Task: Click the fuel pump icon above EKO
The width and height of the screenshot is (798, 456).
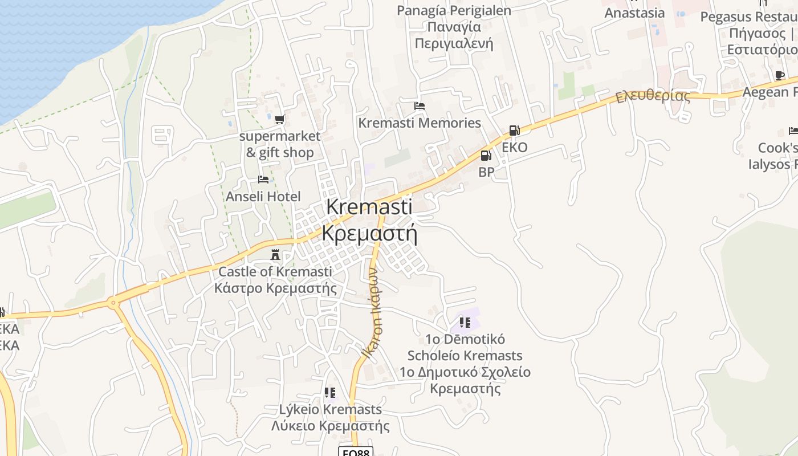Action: click(514, 131)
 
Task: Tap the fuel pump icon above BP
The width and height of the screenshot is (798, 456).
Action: click(486, 155)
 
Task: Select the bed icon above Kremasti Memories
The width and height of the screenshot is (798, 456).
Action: click(420, 106)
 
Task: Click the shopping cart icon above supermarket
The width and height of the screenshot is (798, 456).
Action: click(279, 119)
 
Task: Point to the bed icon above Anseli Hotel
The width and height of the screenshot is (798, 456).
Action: click(263, 179)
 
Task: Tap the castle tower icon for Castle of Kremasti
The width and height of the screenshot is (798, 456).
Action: click(275, 254)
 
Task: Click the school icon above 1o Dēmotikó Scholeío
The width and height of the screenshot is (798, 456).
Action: click(465, 323)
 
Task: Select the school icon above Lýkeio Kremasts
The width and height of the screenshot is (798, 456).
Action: click(330, 392)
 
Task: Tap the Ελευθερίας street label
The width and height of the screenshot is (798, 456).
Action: click(653, 96)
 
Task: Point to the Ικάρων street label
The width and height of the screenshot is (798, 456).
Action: click(370, 312)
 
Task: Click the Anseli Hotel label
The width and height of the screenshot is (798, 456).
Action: click(263, 197)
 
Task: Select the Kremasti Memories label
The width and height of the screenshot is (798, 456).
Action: click(420, 123)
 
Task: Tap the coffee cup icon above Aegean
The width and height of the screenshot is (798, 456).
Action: click(780, 75)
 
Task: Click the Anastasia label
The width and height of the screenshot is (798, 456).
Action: click(634, 13)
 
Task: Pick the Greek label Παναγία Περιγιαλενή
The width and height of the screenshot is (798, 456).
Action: click(454, 35)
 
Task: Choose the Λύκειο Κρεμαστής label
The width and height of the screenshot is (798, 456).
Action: click(331, 426)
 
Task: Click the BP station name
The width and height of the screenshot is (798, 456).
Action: click(486, 172)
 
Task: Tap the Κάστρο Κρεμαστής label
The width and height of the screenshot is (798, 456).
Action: click(276, 288)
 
